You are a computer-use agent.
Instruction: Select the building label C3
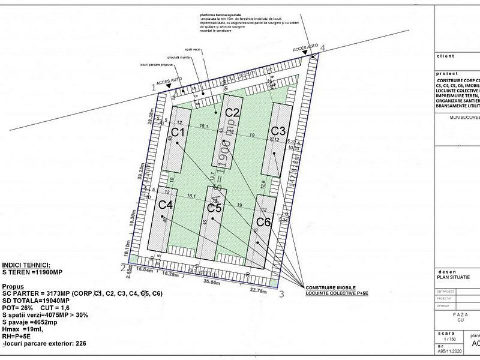278,130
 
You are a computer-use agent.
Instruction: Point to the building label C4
166,205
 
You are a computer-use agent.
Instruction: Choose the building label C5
214,208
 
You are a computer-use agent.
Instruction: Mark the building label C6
264,223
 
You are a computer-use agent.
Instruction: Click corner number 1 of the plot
154,88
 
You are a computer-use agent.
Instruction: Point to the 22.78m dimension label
257,292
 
